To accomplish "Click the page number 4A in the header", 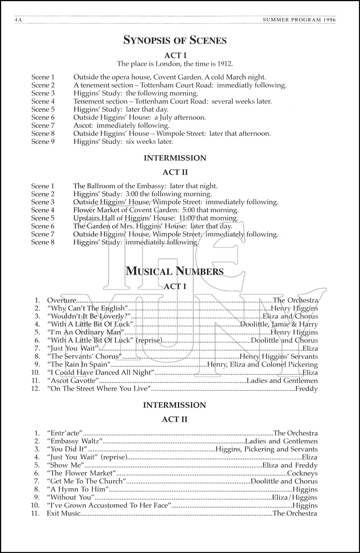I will point(19,21).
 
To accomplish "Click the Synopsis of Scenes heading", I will point(175,40).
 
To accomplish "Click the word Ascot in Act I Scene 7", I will point(83,125).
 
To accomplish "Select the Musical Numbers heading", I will point(175,271).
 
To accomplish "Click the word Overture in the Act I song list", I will point(61,300).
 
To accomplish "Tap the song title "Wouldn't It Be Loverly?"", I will point(89,316).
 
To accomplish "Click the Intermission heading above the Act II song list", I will point(175,405).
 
